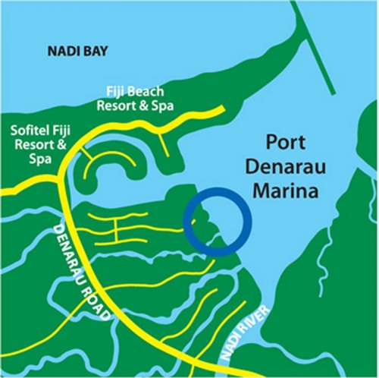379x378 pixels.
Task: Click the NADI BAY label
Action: click(x=78, y=52)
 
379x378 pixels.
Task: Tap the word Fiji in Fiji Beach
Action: click(x=119, y=93)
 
